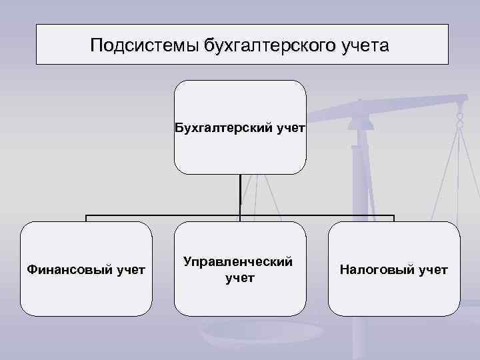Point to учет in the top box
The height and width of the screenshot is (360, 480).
pyautogui.click(x=289, y=127)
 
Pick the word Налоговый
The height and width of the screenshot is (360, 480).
pyautogui.click(x=376, y=269)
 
